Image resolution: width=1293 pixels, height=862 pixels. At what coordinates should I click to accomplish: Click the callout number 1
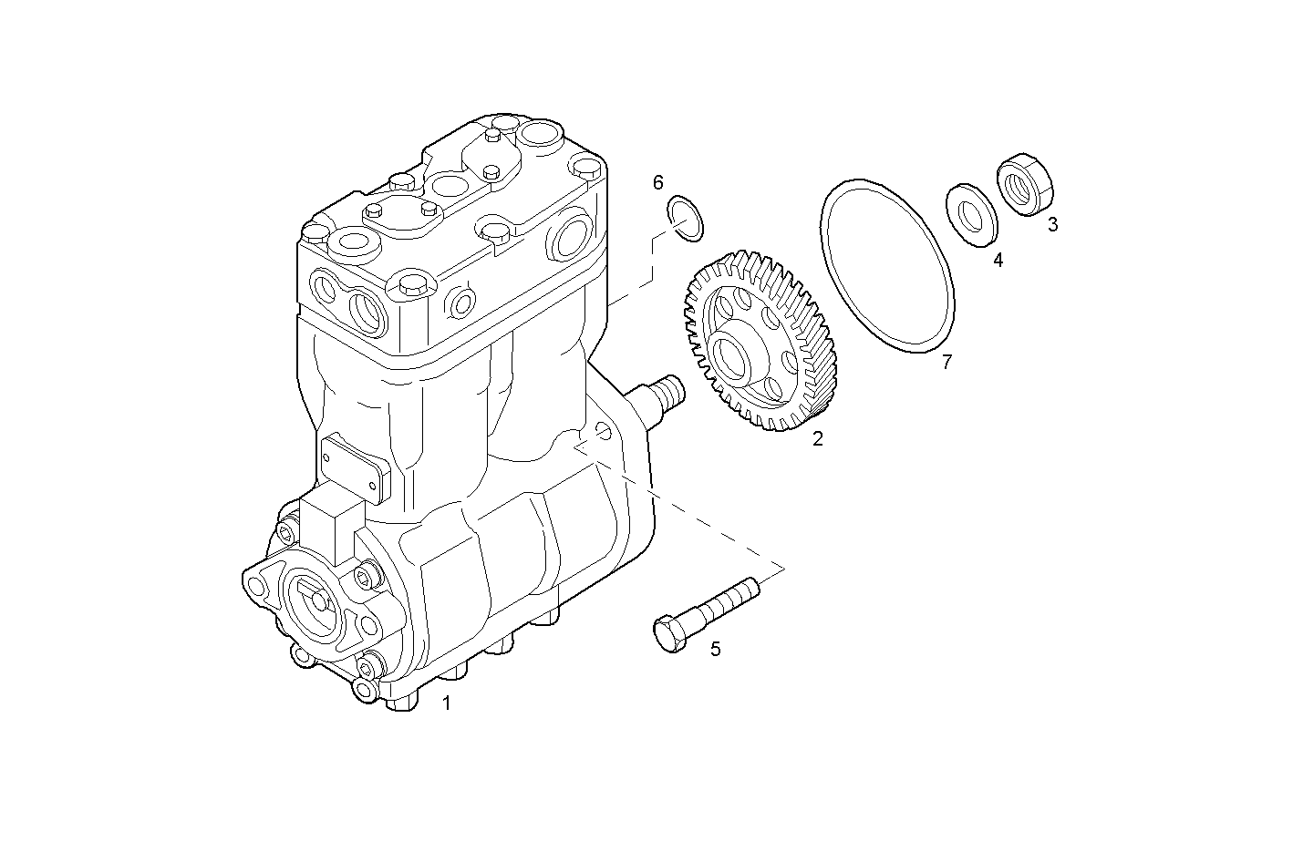tap(446, 703)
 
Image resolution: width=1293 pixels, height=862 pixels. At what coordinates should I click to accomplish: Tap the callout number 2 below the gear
tap(818, 438)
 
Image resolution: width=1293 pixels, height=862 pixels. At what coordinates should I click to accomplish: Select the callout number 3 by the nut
tap(1052, 224)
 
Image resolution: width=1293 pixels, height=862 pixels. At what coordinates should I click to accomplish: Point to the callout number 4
tap(998, 261)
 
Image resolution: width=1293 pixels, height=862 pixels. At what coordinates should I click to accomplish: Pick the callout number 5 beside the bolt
tap(716, 649)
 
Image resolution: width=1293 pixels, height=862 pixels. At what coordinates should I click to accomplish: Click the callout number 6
tap(657, 183)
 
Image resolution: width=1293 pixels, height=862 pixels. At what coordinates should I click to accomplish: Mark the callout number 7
tap(946, 363)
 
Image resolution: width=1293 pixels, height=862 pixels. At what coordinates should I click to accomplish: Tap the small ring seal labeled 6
tap(686, 218)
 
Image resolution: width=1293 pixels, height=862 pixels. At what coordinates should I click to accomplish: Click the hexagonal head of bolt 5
tap(669, 633)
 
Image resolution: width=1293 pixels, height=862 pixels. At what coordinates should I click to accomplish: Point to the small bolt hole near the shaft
tap(602, 430)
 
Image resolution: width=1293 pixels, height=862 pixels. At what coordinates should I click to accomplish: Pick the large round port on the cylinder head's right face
tap(572, 235)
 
